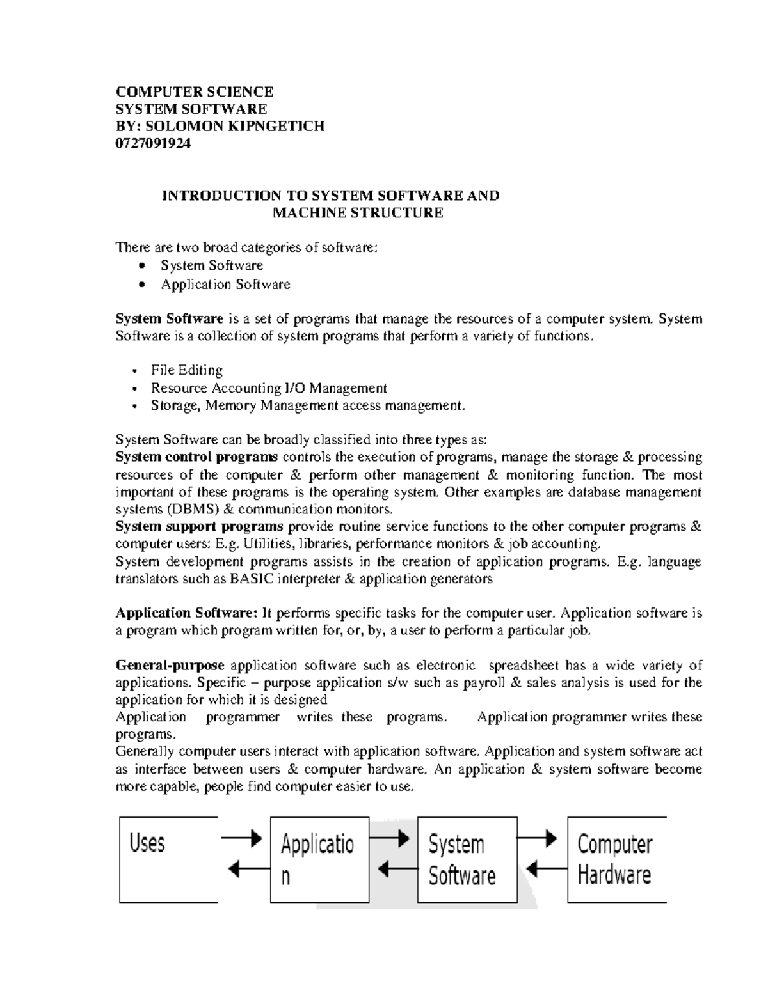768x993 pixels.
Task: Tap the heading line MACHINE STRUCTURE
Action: tap(357, 213)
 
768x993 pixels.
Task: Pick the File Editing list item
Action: tap(186, 370)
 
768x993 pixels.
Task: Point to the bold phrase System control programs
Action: tap(196, 457)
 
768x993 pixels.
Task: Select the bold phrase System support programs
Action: tap(199, 527)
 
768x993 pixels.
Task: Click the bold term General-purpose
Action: tap(170, 666)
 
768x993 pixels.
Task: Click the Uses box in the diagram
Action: tap(168, 859)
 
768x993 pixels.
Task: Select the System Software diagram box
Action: tap(467, 859)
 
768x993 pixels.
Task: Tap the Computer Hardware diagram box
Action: tap(616, 859)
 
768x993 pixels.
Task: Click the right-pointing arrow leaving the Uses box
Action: tap(242, 837)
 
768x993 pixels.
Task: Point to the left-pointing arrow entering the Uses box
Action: tap(245, 869)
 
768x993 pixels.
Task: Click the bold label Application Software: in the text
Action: tap(186, 613)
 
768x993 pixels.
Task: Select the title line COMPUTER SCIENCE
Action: tap(194, 91)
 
